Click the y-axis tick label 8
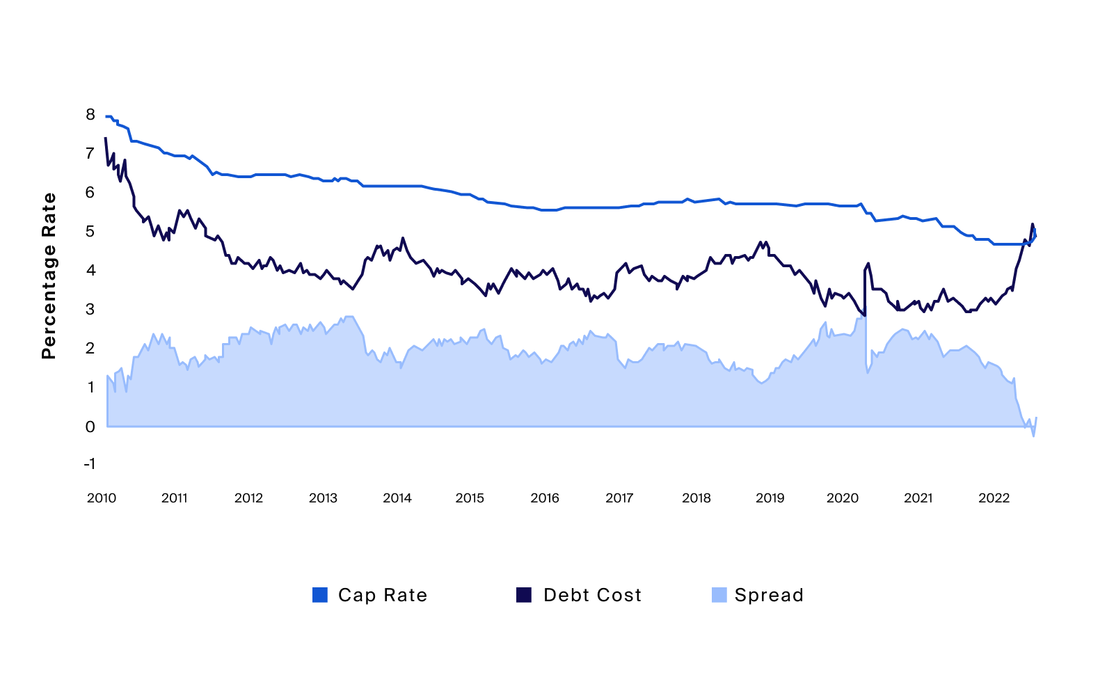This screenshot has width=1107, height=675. pyautogui.click(x=90, y=115)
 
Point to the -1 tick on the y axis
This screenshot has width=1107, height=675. pyautogui.click(x=89, y=464)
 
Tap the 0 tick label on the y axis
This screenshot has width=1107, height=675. pyautogui.click(x=90, y=427)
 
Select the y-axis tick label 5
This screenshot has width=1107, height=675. pyautogui.click(x=90, y=232)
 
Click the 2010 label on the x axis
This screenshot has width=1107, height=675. pyautogui.click(x=102, y=498)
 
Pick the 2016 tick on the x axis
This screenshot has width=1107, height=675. pyautogui.click(x=545, y=498)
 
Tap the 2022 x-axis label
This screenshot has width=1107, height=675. pyautogui.click(x=994, y=498)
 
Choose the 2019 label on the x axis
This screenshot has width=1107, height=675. pyautogui.click(x=770, y=498)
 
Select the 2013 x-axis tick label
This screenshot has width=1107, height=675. pyautogui.click(x=323, y=498)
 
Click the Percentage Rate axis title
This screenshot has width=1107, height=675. pyautogui.click(x=49, y=276)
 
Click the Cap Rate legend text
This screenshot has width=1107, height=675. pyautogui.click(x=383, y=596)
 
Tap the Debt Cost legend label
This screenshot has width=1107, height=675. pyautogui.click(x=592, y=596)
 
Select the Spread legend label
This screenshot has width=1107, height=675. pyautogui.click(x=769, y=596)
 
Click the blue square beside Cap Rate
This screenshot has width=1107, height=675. pyautogui.click(x=320, y=595)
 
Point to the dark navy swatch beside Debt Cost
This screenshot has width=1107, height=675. pyautogui.click(x=523, y=595)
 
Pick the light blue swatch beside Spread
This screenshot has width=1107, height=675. pyautogui.click(x=719, y=595)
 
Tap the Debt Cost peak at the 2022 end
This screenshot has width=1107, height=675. pyautogui.click(x=1032, y=224)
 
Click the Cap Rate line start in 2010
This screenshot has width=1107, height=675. pyautogui.click(x=106, y=116)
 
